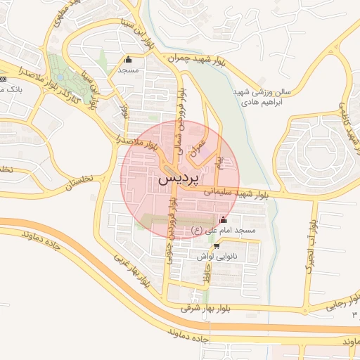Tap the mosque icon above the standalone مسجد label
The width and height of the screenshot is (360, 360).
[x=127, y=60]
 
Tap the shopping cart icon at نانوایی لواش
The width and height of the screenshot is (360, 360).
[x=217, y=246]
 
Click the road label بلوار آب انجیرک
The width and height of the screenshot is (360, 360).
[x=309, y=246]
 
